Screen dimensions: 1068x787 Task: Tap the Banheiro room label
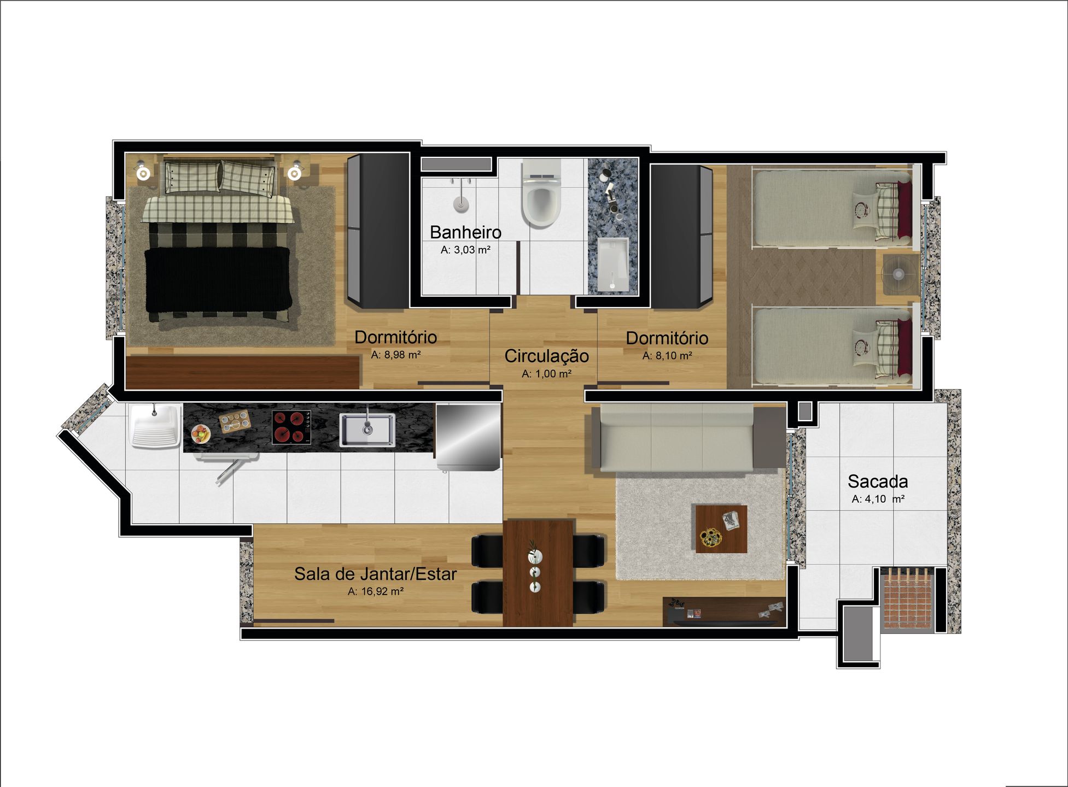click(x=465, y=232)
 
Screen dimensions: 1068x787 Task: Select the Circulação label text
click(x=546, y=356)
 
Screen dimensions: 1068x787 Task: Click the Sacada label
click(x=878, y=481)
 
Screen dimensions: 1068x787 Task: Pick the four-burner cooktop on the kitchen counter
click(x=291, y=427)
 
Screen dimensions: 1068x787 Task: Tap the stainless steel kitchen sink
click(x=367, y=430)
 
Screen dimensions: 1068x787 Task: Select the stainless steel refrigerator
click(x=468, y=437)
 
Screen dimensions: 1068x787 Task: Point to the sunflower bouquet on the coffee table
click(x=711, y=537)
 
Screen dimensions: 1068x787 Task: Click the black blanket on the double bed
click(x=218, y=279)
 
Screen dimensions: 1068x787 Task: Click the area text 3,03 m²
click(x=465, y=250)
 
